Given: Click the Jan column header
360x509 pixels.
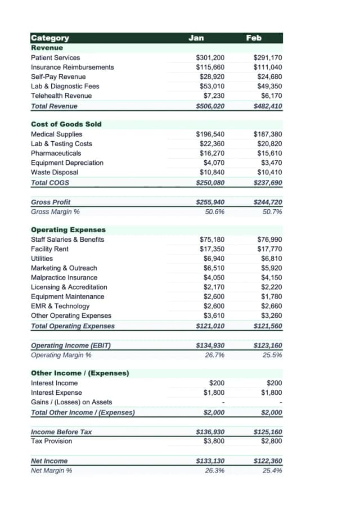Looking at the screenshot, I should [196, 38].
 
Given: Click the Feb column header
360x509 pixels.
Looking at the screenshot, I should [254, 38].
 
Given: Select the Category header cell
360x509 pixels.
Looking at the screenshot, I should [50, 38].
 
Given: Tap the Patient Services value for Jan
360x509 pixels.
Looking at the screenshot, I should [210, 57].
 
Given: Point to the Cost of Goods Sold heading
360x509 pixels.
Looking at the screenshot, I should [66, 124].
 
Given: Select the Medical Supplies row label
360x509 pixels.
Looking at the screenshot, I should [56, 134].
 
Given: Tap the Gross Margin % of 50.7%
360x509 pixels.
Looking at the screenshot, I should [272, 211].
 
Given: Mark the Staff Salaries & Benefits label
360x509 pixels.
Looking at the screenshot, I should [67, 239].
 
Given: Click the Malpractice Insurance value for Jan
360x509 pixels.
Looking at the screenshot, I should [214, 277].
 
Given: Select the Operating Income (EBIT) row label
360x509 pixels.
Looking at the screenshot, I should [70, 345].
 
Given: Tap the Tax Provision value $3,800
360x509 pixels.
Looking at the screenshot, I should [214, 441].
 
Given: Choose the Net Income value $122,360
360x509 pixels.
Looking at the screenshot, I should [268, 461].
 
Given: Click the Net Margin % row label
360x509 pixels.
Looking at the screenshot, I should [51, 470].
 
